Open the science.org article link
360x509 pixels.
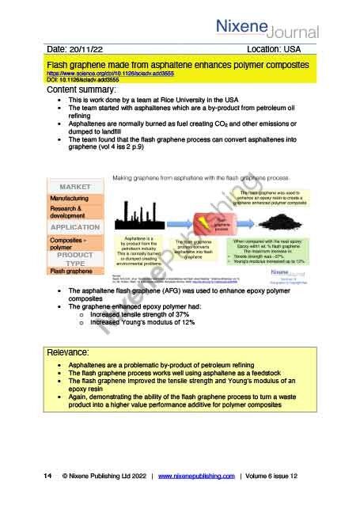click(110, 72)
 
